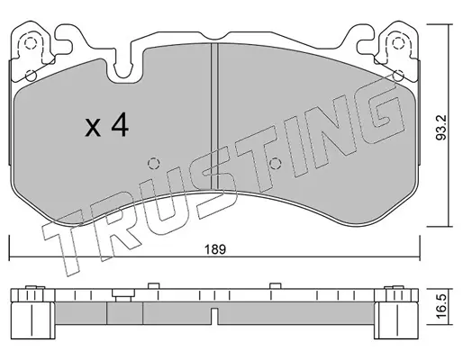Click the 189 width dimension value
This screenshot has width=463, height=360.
click(x=215, y=249)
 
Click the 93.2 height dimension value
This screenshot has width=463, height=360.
click(x=441, y=127)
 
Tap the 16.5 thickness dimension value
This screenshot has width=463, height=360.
click(x=441, y=306)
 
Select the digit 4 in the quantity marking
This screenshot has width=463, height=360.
click(x=120, y=126)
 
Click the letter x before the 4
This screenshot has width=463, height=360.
click(x=93, y=128)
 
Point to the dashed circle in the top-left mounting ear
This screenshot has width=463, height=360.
click(x=30, y=44)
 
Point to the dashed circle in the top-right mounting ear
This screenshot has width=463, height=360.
click(x=397, y=44)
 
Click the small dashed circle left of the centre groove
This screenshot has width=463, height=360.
click(x=153, y=164)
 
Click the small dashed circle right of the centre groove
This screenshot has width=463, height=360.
click(x=275, y=164)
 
